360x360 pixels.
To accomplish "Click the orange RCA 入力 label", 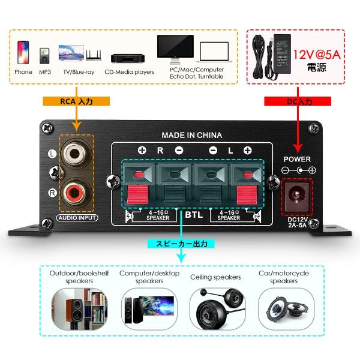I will [76, 102].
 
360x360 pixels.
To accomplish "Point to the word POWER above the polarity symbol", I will [297, 159].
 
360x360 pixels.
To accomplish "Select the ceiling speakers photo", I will [215, 307].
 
